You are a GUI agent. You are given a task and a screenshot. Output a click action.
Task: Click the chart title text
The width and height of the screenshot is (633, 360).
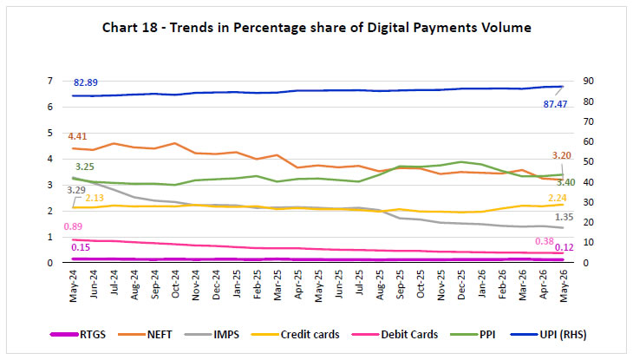[x=316, y=28]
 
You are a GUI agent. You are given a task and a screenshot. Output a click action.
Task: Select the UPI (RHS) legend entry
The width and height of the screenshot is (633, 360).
[x=548, y=335]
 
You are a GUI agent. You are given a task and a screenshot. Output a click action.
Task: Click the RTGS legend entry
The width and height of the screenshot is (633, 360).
[x=77, y=335]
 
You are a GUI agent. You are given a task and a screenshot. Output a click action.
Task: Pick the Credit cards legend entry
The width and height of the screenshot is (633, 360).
[x=295, y=335]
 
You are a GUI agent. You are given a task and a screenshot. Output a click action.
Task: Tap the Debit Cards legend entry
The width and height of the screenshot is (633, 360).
[x=395, y=335]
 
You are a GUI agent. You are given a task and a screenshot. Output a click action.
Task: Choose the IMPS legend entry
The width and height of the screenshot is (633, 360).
[x=212, y=335]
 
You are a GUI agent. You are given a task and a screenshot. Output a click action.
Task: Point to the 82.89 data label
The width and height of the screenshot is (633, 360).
[x=86, y=82]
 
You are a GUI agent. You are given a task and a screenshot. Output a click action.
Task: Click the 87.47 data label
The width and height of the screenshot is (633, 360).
[x=555, y=104]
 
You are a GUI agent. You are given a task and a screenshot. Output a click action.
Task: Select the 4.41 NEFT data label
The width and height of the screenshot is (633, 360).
[x=77, y=136]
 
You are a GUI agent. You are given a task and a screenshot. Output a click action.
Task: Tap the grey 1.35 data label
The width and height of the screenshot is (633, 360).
[x=564, y=217]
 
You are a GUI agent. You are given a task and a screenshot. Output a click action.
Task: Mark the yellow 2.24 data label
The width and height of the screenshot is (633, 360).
[x=557, y=198]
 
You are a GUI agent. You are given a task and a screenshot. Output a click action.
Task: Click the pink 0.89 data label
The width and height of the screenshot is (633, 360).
[x=73, y=226]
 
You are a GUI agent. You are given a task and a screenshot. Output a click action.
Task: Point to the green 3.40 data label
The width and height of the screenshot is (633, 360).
[x=565, y=182]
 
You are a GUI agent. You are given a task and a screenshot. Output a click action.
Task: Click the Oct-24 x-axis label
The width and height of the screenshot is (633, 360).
[x=175, y=284]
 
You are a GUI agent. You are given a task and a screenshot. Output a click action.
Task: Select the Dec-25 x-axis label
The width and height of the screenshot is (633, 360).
[x=461, y=285]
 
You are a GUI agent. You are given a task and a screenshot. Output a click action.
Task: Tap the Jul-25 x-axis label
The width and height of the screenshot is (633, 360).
[x=359, y=283]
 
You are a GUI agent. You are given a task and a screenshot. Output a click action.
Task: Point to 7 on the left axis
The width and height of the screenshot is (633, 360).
[x=50, y=81]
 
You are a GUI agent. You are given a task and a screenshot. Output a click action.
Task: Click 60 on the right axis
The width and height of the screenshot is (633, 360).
[x=588, y=141]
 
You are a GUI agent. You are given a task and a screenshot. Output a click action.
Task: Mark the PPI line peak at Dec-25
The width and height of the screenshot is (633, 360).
[x=461, y=161]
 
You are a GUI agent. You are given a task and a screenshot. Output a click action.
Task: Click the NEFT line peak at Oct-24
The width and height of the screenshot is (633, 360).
[x=175, y=142]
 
